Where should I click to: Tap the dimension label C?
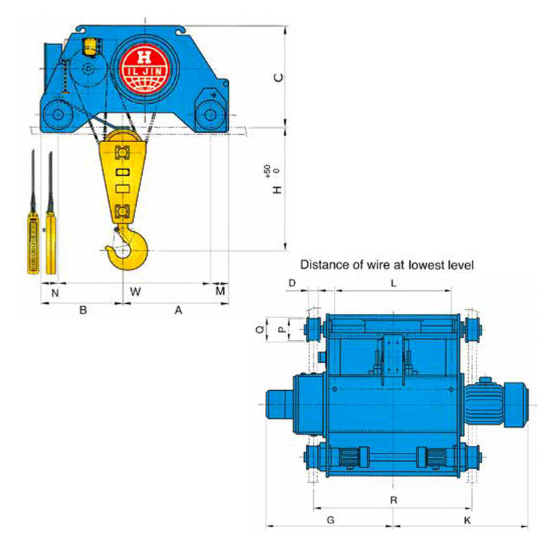(x=278, y=77)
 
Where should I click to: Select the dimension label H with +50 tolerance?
(x=275, y=180)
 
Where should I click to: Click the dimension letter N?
(x=55, y=293)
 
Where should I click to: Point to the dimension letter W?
(x=135, y=291)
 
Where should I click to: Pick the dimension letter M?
(x=220, y=291)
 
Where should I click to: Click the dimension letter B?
(x=83, y=310)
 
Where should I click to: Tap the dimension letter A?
(x=179, y=310)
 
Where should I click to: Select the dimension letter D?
(x=292, y=283)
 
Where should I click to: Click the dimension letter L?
(x=394, y=283)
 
